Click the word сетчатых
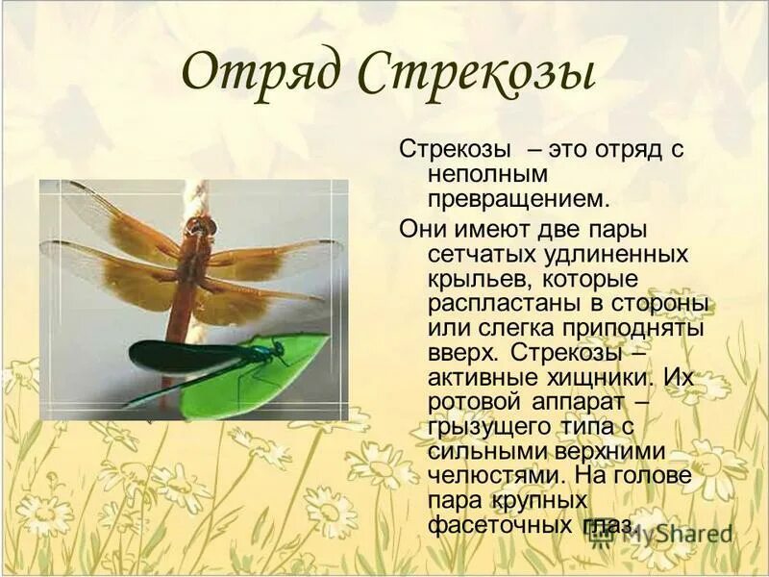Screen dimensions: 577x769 (475, 254)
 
